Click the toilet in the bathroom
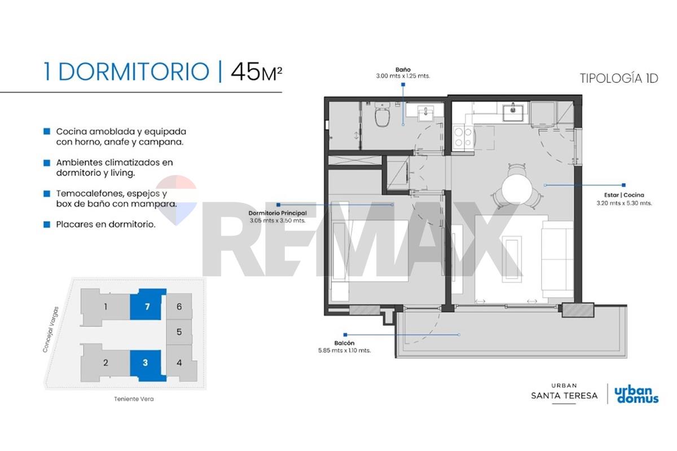[383, 115]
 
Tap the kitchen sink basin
[513, 112]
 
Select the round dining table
[517, 189]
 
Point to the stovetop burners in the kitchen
[463, 137]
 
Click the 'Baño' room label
[403, 70]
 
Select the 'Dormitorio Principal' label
[278, 213]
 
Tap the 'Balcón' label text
[344, 343]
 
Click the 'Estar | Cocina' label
[624, 195]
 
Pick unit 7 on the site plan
[147, 304]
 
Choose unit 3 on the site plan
[147, 365]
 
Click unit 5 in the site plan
[179, 332]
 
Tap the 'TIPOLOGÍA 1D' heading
[619, 78]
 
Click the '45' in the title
[245, 72]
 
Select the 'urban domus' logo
[636, 395]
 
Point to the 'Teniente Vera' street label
[134, 399]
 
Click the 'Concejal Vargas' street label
[50, 329]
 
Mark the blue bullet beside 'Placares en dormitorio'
[47, 224]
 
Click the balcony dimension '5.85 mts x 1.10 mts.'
[344, 351]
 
